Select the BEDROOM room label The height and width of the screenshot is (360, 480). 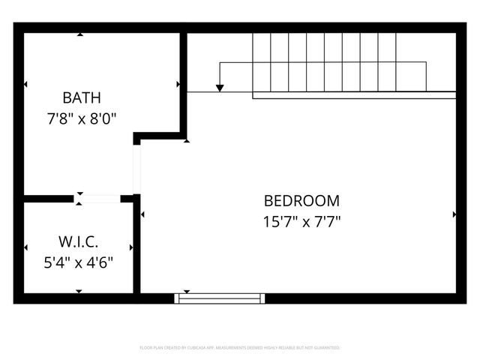301,201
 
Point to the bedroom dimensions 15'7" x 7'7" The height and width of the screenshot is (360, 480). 301,221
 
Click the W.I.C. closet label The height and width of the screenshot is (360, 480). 79,242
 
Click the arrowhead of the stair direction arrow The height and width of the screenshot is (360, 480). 220,88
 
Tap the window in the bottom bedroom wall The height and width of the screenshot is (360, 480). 220,298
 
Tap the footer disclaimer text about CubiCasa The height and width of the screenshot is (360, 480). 240,348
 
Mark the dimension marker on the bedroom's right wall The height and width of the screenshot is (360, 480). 454,214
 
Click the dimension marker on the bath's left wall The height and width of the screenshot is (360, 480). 25,84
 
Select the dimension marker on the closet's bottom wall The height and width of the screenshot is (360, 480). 79,291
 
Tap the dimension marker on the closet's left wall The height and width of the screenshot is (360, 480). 25,247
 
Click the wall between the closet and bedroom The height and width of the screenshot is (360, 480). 136,247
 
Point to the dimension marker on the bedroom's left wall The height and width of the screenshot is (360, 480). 142,214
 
